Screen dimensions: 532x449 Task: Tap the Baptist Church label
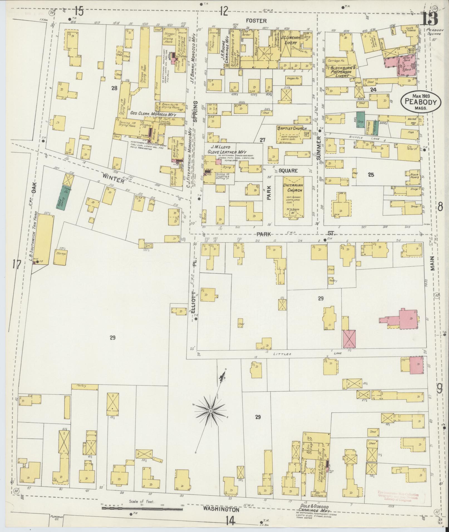point(291,128)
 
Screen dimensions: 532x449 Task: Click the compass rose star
point(211,410)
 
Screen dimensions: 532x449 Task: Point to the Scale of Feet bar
point(142,509)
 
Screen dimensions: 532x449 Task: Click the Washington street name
point(221,510)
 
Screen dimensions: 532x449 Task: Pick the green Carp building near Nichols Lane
point(360,120)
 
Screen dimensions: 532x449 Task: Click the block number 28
point(114,88)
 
